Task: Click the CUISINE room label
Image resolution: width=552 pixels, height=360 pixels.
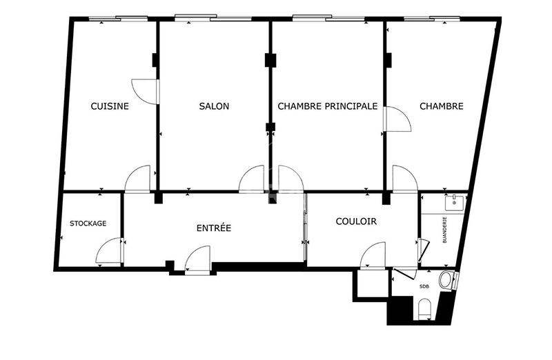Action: [x=110, y=106]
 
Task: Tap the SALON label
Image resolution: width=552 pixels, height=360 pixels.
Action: [x=214, y=106]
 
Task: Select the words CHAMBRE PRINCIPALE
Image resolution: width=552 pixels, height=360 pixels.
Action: [x=327, y=106]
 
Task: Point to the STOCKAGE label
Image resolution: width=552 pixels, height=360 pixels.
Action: [x=88, y=223]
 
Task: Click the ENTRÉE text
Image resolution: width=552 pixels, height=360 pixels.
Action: [x=214, y=228]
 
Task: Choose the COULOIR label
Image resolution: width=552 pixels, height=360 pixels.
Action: [x=356, y=221]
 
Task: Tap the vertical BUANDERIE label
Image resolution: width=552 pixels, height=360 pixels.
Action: [x=445, y=230]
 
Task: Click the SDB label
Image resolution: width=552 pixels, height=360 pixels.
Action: [x=424, y=287]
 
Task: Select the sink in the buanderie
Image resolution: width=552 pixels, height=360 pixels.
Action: [x=455, y=203]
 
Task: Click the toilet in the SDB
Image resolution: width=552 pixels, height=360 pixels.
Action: [x=425, y=309]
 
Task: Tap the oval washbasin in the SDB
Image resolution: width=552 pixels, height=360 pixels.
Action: [x=447, y=280]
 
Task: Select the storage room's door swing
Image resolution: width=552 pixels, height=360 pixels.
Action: [x=110, y=252]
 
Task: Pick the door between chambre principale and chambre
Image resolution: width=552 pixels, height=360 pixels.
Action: [x=397, y=119]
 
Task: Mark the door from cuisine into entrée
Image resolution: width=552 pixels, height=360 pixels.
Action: [x=138, y=179]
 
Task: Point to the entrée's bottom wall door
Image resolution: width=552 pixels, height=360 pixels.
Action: [x=198, y=261]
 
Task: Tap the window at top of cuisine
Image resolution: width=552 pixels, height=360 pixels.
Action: [x=126, y=19]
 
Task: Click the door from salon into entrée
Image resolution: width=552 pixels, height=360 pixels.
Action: [x=252, y=179]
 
